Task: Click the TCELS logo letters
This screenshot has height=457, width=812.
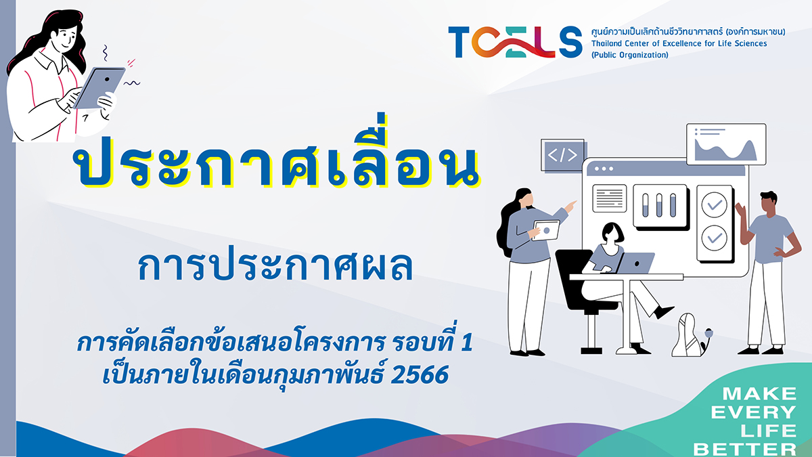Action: coord(515,42)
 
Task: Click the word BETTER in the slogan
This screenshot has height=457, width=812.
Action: coord(744,449)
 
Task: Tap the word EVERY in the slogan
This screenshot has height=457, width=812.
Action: coord(753,412)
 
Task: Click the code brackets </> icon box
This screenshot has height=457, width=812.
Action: coord(562,155)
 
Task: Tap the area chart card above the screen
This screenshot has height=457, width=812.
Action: coord(726,144)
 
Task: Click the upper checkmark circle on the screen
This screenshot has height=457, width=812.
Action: coord(714,205)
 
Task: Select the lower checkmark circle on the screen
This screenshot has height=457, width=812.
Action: coord(714,238)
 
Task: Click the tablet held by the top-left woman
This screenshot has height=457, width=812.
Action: coord(99,87)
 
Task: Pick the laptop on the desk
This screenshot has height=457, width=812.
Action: coord(635,263)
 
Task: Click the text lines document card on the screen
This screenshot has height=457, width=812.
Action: coord(610,198)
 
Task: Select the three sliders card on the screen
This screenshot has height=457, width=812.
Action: coord(660,206)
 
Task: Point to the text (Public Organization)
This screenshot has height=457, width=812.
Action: coord(630,55)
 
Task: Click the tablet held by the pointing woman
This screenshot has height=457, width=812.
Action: coord(546,230)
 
